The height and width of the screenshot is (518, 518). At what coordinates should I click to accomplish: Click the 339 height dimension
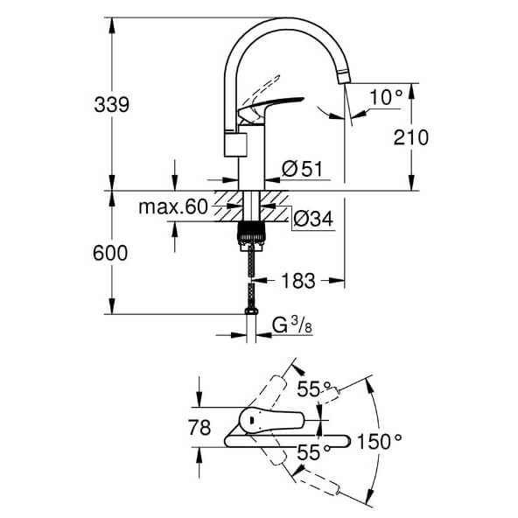(112, 105)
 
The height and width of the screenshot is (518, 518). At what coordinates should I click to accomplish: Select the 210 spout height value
(410, 137)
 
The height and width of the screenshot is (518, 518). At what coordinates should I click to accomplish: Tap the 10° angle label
(386, 97)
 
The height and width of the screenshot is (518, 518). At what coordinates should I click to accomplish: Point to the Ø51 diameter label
(302, 169)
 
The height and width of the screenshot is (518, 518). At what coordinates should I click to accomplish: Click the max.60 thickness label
(173, 206)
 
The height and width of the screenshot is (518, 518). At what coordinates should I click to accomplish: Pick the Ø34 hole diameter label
(313, 219)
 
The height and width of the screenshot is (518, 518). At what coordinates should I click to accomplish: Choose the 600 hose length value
(110, 253)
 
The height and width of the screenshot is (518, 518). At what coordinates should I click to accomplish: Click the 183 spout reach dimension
(298, 281)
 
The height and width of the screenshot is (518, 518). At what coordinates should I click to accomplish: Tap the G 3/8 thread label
(292, 325)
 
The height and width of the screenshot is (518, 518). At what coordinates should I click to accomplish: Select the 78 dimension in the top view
(199, 427)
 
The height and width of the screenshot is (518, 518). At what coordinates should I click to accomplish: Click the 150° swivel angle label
(380, 441)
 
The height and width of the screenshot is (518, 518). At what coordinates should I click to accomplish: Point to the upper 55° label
(314, 388)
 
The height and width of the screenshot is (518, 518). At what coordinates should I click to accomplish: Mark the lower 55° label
(314, 451)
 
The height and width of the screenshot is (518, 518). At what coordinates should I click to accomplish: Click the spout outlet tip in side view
(344, 77)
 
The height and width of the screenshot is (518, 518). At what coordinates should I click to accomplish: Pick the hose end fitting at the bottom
(251, 311)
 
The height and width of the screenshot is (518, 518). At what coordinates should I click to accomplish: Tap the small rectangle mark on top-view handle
(252, 421)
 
